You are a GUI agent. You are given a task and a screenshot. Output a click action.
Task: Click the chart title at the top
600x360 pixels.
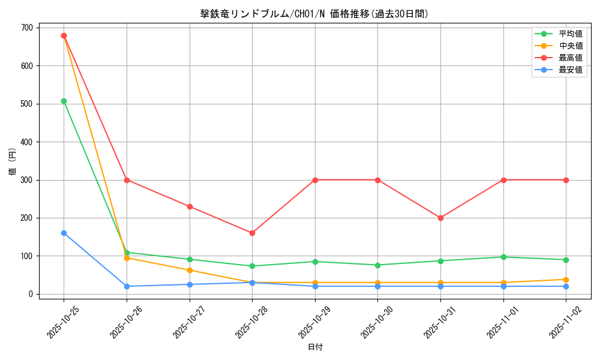point(314,14)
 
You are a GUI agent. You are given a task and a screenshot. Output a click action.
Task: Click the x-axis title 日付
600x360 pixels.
point(315,347)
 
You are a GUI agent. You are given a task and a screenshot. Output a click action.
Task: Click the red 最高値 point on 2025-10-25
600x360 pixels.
point(64,35)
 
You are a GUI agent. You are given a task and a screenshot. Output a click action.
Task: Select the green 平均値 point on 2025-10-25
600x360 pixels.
point(64,101)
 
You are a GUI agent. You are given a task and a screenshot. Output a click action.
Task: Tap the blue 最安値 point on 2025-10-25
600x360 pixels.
point(64,233)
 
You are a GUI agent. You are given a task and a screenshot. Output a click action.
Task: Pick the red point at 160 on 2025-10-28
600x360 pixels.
point(252,233)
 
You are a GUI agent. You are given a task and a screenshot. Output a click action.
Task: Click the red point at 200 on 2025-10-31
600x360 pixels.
point(440,218)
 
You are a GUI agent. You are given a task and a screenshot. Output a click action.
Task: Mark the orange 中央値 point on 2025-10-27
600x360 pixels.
point(190,270)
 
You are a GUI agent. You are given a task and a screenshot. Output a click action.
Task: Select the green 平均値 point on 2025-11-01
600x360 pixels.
point(503,257)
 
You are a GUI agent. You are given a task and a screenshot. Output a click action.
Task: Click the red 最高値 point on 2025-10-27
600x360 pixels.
point(190,206)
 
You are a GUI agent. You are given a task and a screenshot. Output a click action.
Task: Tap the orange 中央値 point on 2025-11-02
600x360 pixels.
point(566,280)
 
